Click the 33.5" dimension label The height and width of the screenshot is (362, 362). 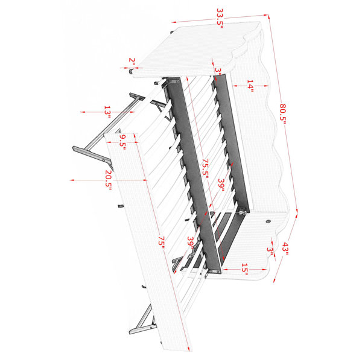point(220,18)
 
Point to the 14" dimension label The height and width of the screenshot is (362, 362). point(250,86)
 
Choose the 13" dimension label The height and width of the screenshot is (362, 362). point(107,112)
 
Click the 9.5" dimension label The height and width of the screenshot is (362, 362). point(122,142)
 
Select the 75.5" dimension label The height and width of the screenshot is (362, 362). point(205,168)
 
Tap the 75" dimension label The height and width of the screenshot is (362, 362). point(161,243)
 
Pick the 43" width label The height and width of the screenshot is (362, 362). point(285,249)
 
